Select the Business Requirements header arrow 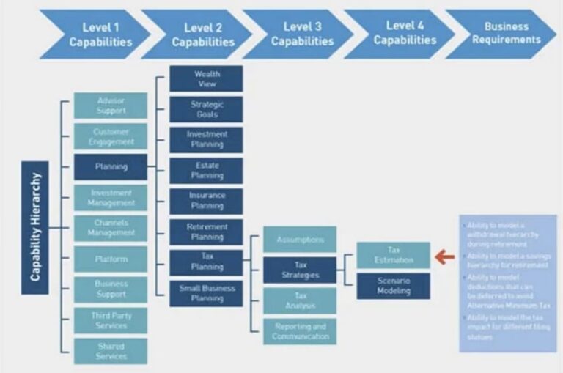[x=501, y=34]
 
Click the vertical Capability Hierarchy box [x=35, y=228]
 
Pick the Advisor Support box [x=111, y=106]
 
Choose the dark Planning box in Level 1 [x=111, y=167]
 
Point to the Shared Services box [x=111, y=351]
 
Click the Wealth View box [x=206, y=79]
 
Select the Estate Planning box [x=206, y=171]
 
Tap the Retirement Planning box [x=206, y=232]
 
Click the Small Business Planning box [x=206, y=293]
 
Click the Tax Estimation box [x=394, y=254]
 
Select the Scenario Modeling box [x=394, y=286]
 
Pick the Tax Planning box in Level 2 [x=206, y=262]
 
